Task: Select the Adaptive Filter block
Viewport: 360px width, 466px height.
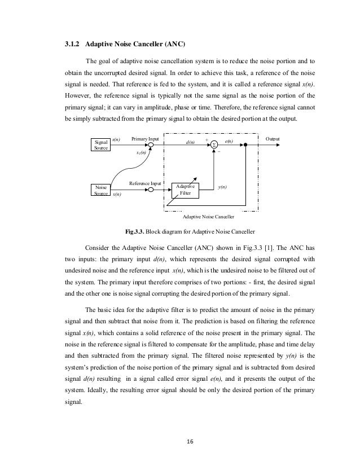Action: pos(186,190)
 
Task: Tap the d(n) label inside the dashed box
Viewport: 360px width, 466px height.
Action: pos(191,144)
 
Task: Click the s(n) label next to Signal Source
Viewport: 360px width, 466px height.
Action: pos(116,138)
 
